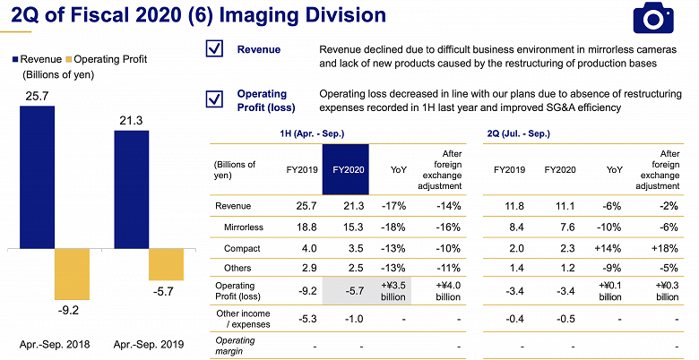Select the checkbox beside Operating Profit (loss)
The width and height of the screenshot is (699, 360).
click(x=215, y=99)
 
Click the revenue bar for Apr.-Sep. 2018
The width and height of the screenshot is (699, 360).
click(x=37, y=176)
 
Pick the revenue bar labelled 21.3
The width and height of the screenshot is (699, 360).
click(x=131, y=188)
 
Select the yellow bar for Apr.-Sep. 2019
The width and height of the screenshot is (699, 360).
click(x=166, y=263)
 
